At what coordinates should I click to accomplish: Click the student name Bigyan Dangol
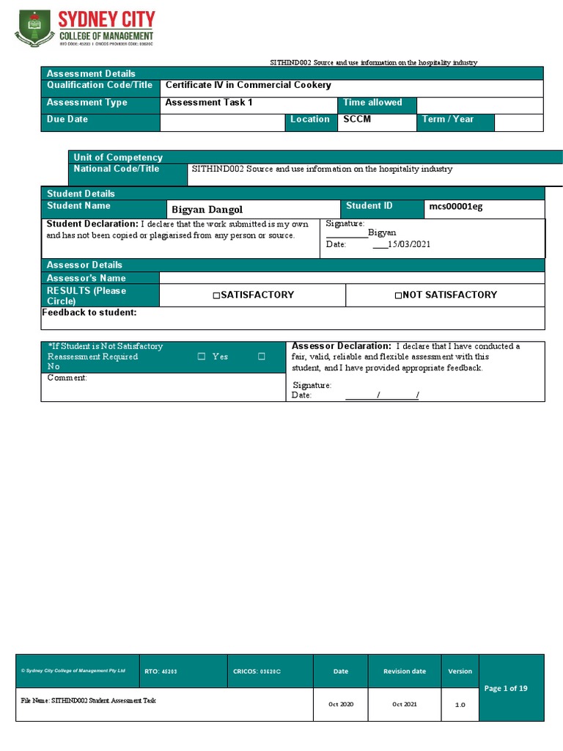pos(207,210)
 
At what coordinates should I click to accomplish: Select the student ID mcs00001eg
pos(455,207)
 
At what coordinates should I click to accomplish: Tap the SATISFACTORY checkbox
pos(216,296)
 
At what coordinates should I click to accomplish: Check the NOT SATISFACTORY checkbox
pos(398,296)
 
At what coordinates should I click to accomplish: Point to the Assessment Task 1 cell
pos(208,103)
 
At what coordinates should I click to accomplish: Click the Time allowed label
pos(372,103)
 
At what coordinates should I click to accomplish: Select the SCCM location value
pos(357,119)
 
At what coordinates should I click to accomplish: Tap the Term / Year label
pos(447,119)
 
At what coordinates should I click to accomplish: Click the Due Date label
pos(67,119)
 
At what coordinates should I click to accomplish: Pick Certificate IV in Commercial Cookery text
pos(248,85)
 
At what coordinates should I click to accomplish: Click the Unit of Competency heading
pos(118,157)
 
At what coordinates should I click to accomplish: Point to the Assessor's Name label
pos(86,278)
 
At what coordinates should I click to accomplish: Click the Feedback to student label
pos(89,313)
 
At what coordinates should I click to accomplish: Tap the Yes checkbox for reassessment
pos(202,357)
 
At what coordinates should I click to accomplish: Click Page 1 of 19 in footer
pos(505,688)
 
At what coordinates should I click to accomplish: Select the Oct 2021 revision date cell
pos(404,704)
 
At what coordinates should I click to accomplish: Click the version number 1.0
pos(460,705)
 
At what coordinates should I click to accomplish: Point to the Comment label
pos(67,378)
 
